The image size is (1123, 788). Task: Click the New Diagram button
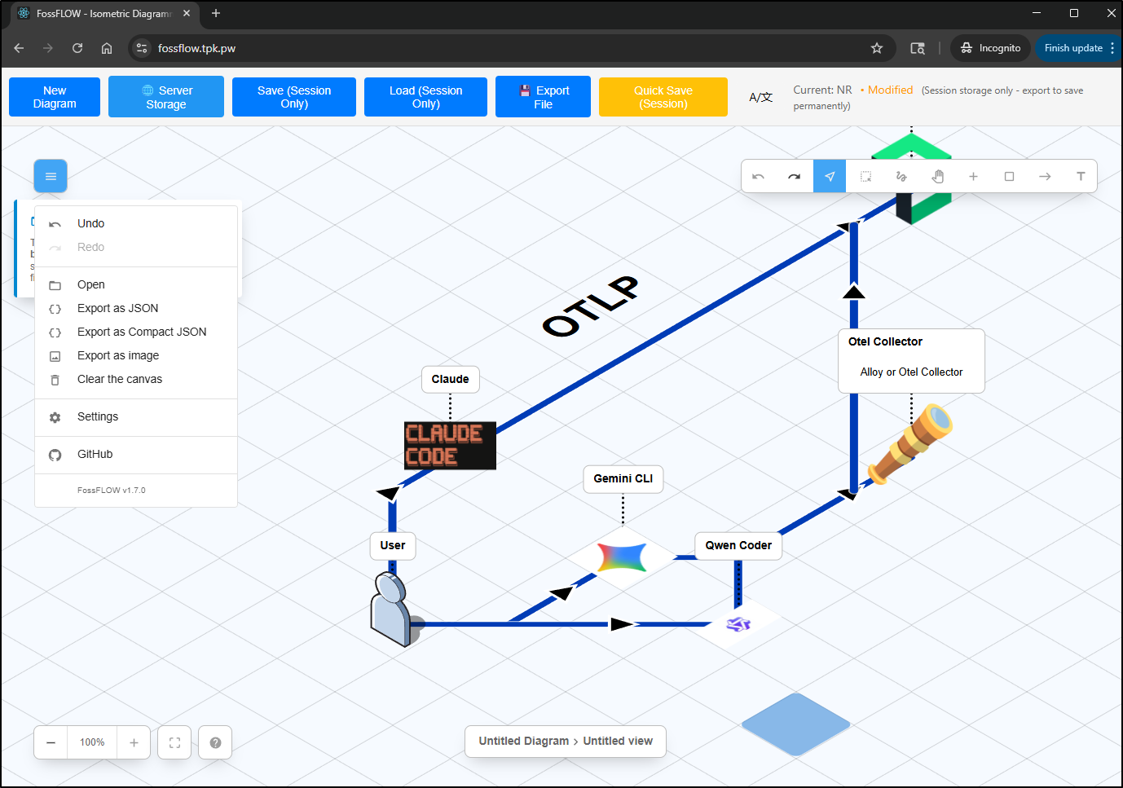click(x=55, y=97)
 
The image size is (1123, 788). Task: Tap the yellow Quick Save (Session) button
click(x=663, y=97)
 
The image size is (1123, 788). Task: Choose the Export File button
click(x=543, y=97)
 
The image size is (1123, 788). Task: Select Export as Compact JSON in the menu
click(x=141, y=332)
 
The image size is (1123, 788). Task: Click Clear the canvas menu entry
click(x=119, y=379)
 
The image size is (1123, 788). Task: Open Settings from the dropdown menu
click(x=97, y=416)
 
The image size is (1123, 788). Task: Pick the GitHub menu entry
click(x=95, y=454)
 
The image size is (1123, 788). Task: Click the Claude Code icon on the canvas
click(x=450, y=445)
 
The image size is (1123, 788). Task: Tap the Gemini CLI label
click(x=623, y=478)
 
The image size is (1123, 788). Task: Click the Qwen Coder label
click(x=738, y=545)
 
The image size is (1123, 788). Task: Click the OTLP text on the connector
click(x=591, y=306)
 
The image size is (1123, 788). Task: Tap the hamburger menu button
click(x=51, y=176)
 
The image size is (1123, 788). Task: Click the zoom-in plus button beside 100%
click(x=134, y=742)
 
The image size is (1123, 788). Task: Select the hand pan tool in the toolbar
click(x=937, y=176)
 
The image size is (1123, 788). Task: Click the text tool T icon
click(x=1081, y=176)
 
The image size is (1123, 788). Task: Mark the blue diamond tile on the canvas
click(x=795, y=724)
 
